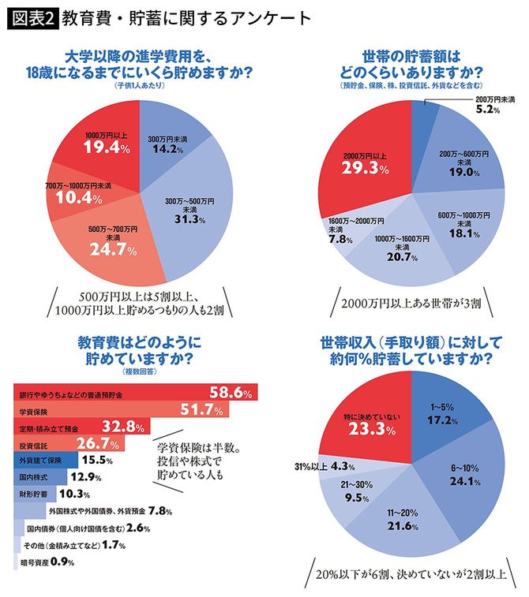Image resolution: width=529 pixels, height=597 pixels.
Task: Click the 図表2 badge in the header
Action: tap(32, 17)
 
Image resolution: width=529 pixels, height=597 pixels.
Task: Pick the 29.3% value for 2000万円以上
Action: tap(364, 167)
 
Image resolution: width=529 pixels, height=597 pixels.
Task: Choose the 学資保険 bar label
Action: tap(36, 410)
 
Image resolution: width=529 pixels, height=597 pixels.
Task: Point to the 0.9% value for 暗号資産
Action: tap(63, 562)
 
